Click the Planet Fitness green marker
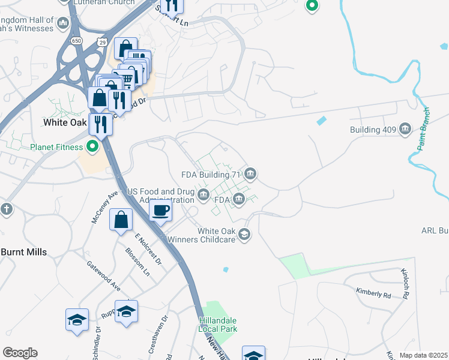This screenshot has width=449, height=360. (x=92, y=146)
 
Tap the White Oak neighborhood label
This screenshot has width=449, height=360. (x=67, y=122)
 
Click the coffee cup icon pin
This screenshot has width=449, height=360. (x=160, y=211)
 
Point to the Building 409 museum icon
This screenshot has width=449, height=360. (x=405, y=130)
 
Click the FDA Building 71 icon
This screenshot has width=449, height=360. (x=250, y=175)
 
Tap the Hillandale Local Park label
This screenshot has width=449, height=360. (x=218, y=325)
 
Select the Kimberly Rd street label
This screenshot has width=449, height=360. (x=373, y=294)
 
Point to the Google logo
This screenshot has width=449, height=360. (x=20, y=353)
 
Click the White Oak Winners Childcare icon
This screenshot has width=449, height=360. (x=244, y=234)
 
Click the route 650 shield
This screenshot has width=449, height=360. (x=76, y=40)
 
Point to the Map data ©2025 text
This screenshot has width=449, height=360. (x=423, y=355)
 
